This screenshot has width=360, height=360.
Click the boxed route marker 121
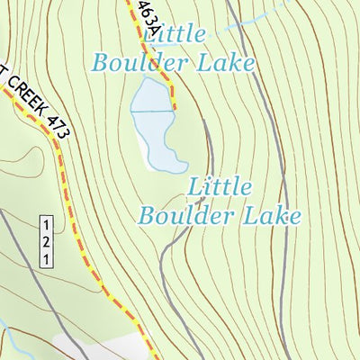46,241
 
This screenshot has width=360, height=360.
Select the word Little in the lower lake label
220,187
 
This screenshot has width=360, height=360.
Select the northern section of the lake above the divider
150,96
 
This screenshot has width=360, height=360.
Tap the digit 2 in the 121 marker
46,241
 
